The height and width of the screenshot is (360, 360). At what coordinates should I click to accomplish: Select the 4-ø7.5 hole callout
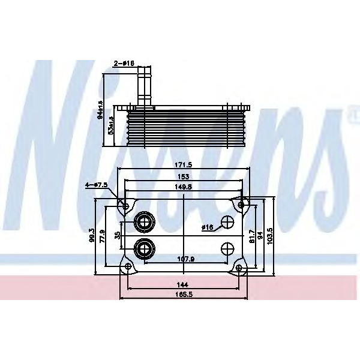tap(96, 185)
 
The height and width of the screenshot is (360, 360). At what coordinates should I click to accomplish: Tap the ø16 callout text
tap(208, 227)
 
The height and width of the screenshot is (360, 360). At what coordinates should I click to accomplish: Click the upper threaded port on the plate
tap(144, 223)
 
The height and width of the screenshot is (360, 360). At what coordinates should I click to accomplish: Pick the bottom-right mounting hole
tap(239, 268)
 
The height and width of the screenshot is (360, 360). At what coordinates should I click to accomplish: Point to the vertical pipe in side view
tap(144, 87)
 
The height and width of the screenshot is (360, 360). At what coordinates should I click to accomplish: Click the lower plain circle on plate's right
tap(227, 249)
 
